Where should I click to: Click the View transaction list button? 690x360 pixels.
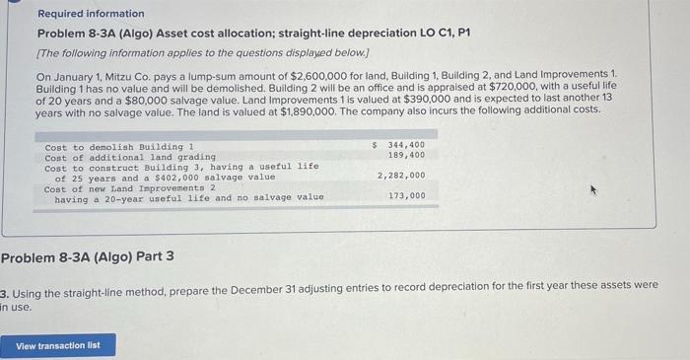(x=58, y=345)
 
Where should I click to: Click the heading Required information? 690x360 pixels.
(x=91, y=14)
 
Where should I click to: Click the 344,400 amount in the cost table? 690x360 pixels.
(x=405, y=146)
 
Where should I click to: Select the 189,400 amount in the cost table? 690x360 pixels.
(x=406, y=156)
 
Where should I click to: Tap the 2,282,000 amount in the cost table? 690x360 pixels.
(x=401, y=176)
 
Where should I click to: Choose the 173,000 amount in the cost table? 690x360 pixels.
(x=406, y=196)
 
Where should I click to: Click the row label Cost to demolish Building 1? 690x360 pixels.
(x=119, y=147)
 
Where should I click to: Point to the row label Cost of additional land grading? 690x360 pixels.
(x=130, y=157)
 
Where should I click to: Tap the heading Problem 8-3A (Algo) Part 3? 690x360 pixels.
(x=88, y=257)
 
